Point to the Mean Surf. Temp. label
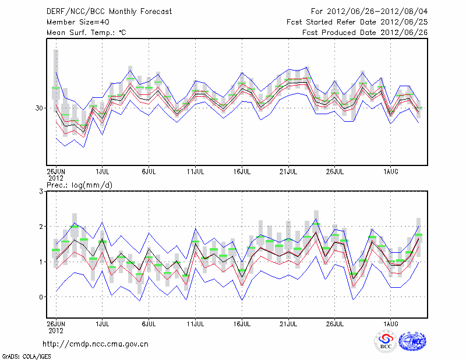click(x=86, y=33)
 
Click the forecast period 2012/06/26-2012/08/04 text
click(x=369, y=12)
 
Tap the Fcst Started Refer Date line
click(x=357, y=22)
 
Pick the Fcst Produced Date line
click(x=365, y=33)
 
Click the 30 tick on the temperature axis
click(x=40, y=108)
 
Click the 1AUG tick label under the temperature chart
click(x=391, y=171)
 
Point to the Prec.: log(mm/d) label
click(x=80, y=185)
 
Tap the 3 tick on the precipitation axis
click(x=41, y=191)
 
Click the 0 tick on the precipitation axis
click(x=41, y=297)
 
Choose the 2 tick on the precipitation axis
click(x=41, y=227)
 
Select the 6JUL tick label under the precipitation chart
click(x=149, y=323)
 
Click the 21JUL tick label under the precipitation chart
click(x=289, y=323)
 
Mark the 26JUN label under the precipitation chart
click(x=56, y=323)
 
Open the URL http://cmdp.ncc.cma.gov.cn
click(x=96, y=344)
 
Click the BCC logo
click(x=385, y=342)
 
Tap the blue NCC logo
click(x=412, y=342)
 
